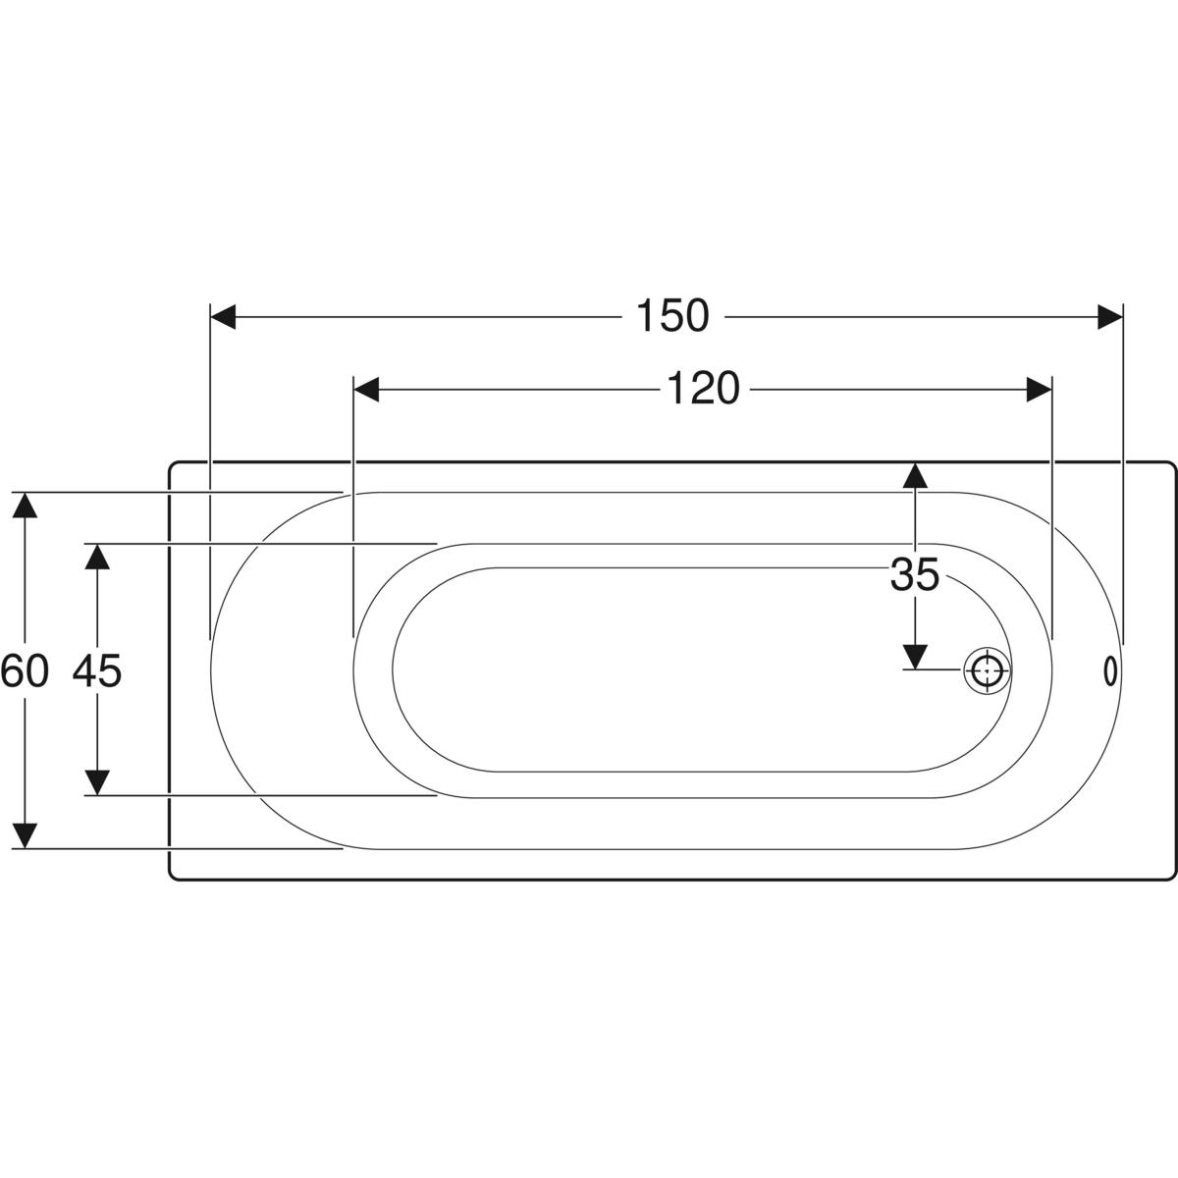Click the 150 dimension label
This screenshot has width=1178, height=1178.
pyautogui.click(x=672, y=316)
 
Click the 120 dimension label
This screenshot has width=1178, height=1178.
pyautogui.click(x=703, y=389)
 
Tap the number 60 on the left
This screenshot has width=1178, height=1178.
pyautogui.click(x=25, y=670)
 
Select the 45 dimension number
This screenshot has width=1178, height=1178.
pyautogui.click(x=97, y=670)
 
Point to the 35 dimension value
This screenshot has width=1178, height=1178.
pyautogui.click(x=915, y=574)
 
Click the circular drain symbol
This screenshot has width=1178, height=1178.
pyautogui.click(x=987, y=670)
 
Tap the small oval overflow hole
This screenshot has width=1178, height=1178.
pyautogui.click(x=1110, y=671)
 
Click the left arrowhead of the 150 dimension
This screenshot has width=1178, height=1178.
pyautogui.click(x=223, y=317)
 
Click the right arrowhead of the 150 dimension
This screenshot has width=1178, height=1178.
pyautogui.click(x=1110, y=317)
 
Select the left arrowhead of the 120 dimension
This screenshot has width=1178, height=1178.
pyautogui.click(x=367, y=390)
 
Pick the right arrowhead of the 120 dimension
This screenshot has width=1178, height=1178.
pyautogui.click(x=1039, y=390)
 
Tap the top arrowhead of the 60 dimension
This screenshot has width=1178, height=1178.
pyautogui.click(x=25, y=505)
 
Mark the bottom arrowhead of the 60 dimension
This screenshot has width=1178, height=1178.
pyautogui.click(x=25, y=836)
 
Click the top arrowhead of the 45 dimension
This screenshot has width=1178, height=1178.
pyautogui.click(x=97, y=557)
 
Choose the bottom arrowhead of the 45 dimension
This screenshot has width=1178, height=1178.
pyautogui.click(x=97, y=783)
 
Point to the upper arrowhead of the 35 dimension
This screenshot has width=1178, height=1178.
pyautogui.click(x=915, y=475)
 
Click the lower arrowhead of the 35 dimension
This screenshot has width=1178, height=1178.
pyautogui.click(x=915, y=657)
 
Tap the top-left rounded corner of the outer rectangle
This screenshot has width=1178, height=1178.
pyautogui.click(x=171, y=463)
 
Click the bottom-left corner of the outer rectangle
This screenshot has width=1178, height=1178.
pyautogui.click(x=171, y=878)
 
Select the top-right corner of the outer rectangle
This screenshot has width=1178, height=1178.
pyautogui.click(x=1174, y=463)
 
